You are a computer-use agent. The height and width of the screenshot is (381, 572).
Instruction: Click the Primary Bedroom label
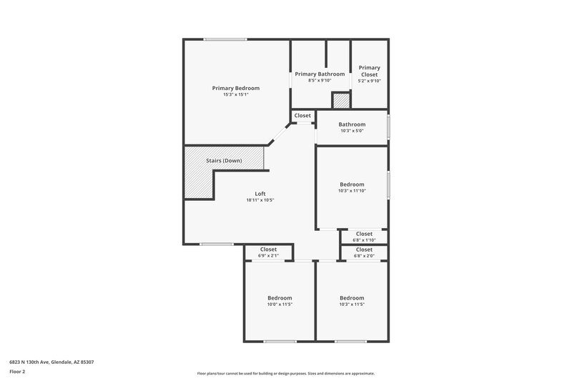tap(235, 88)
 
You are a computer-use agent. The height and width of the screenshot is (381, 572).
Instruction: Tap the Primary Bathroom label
tap(320, 74)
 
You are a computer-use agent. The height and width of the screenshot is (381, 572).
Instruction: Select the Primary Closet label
tap(369, 71)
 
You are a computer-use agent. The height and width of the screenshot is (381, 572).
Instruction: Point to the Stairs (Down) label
tap(224, 161)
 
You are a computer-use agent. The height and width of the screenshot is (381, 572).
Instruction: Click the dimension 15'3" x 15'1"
tap(235, 94)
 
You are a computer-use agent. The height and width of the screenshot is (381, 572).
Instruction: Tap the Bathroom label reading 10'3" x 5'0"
tap(352, 124)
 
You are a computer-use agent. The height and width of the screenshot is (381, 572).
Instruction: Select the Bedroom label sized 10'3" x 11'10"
tap(352, 184)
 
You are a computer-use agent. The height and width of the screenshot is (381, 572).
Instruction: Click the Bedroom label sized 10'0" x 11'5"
tap(280, 298)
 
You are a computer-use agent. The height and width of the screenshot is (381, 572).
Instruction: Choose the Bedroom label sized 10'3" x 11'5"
tap(352, 298)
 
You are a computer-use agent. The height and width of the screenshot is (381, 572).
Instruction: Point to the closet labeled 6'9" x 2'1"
tap(268, 249)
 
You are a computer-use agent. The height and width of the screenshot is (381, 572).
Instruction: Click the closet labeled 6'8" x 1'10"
tap(364, 234)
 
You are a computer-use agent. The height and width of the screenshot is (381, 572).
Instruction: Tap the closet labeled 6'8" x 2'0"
tap(364, 249)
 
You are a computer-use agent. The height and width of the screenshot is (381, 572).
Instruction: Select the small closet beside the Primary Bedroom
tap(302, 116)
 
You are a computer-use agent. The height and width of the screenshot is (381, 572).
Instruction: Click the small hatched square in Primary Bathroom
tap(340, 102)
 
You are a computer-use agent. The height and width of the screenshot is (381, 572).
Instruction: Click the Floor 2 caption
tap(18, 372)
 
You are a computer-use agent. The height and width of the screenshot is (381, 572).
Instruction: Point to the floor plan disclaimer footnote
tap(285, 373)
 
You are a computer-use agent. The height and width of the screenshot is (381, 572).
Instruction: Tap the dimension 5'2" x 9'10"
tap(369, 81)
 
